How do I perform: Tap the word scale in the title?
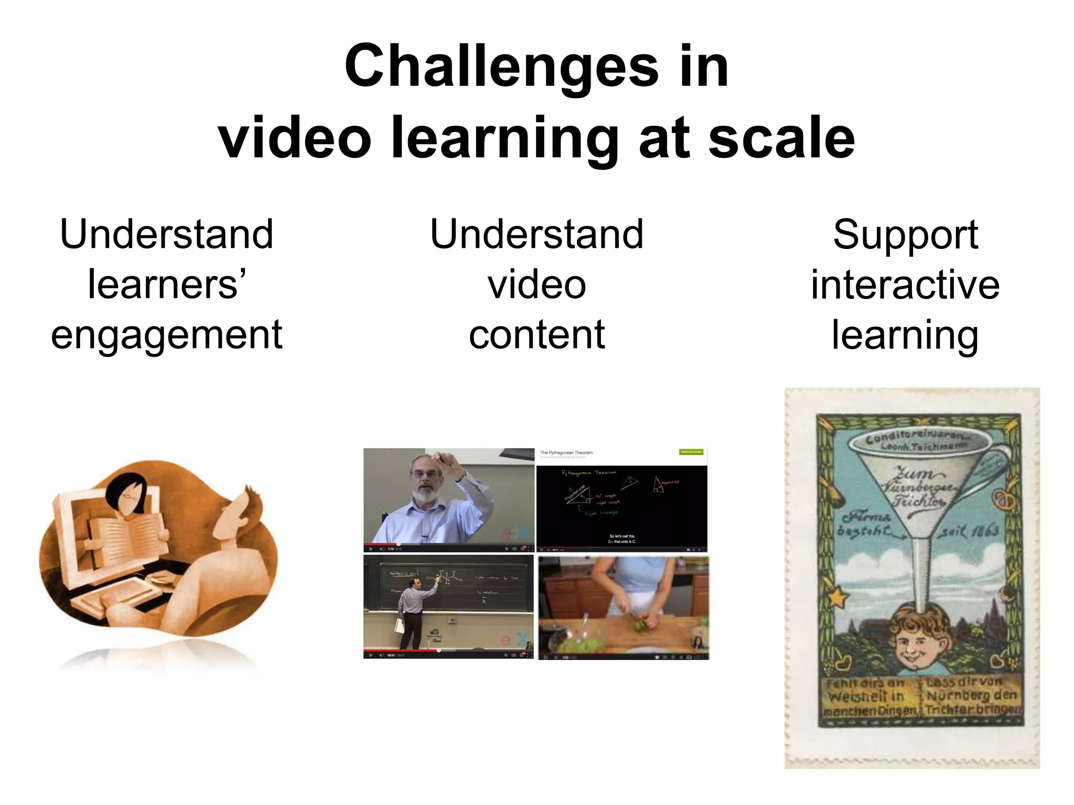[782, 137]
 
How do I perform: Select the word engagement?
[167, 335]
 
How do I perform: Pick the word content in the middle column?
[536, 335]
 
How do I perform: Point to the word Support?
[905, 234]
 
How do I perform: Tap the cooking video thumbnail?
[624, 608]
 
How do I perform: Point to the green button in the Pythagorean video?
[691, 452]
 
